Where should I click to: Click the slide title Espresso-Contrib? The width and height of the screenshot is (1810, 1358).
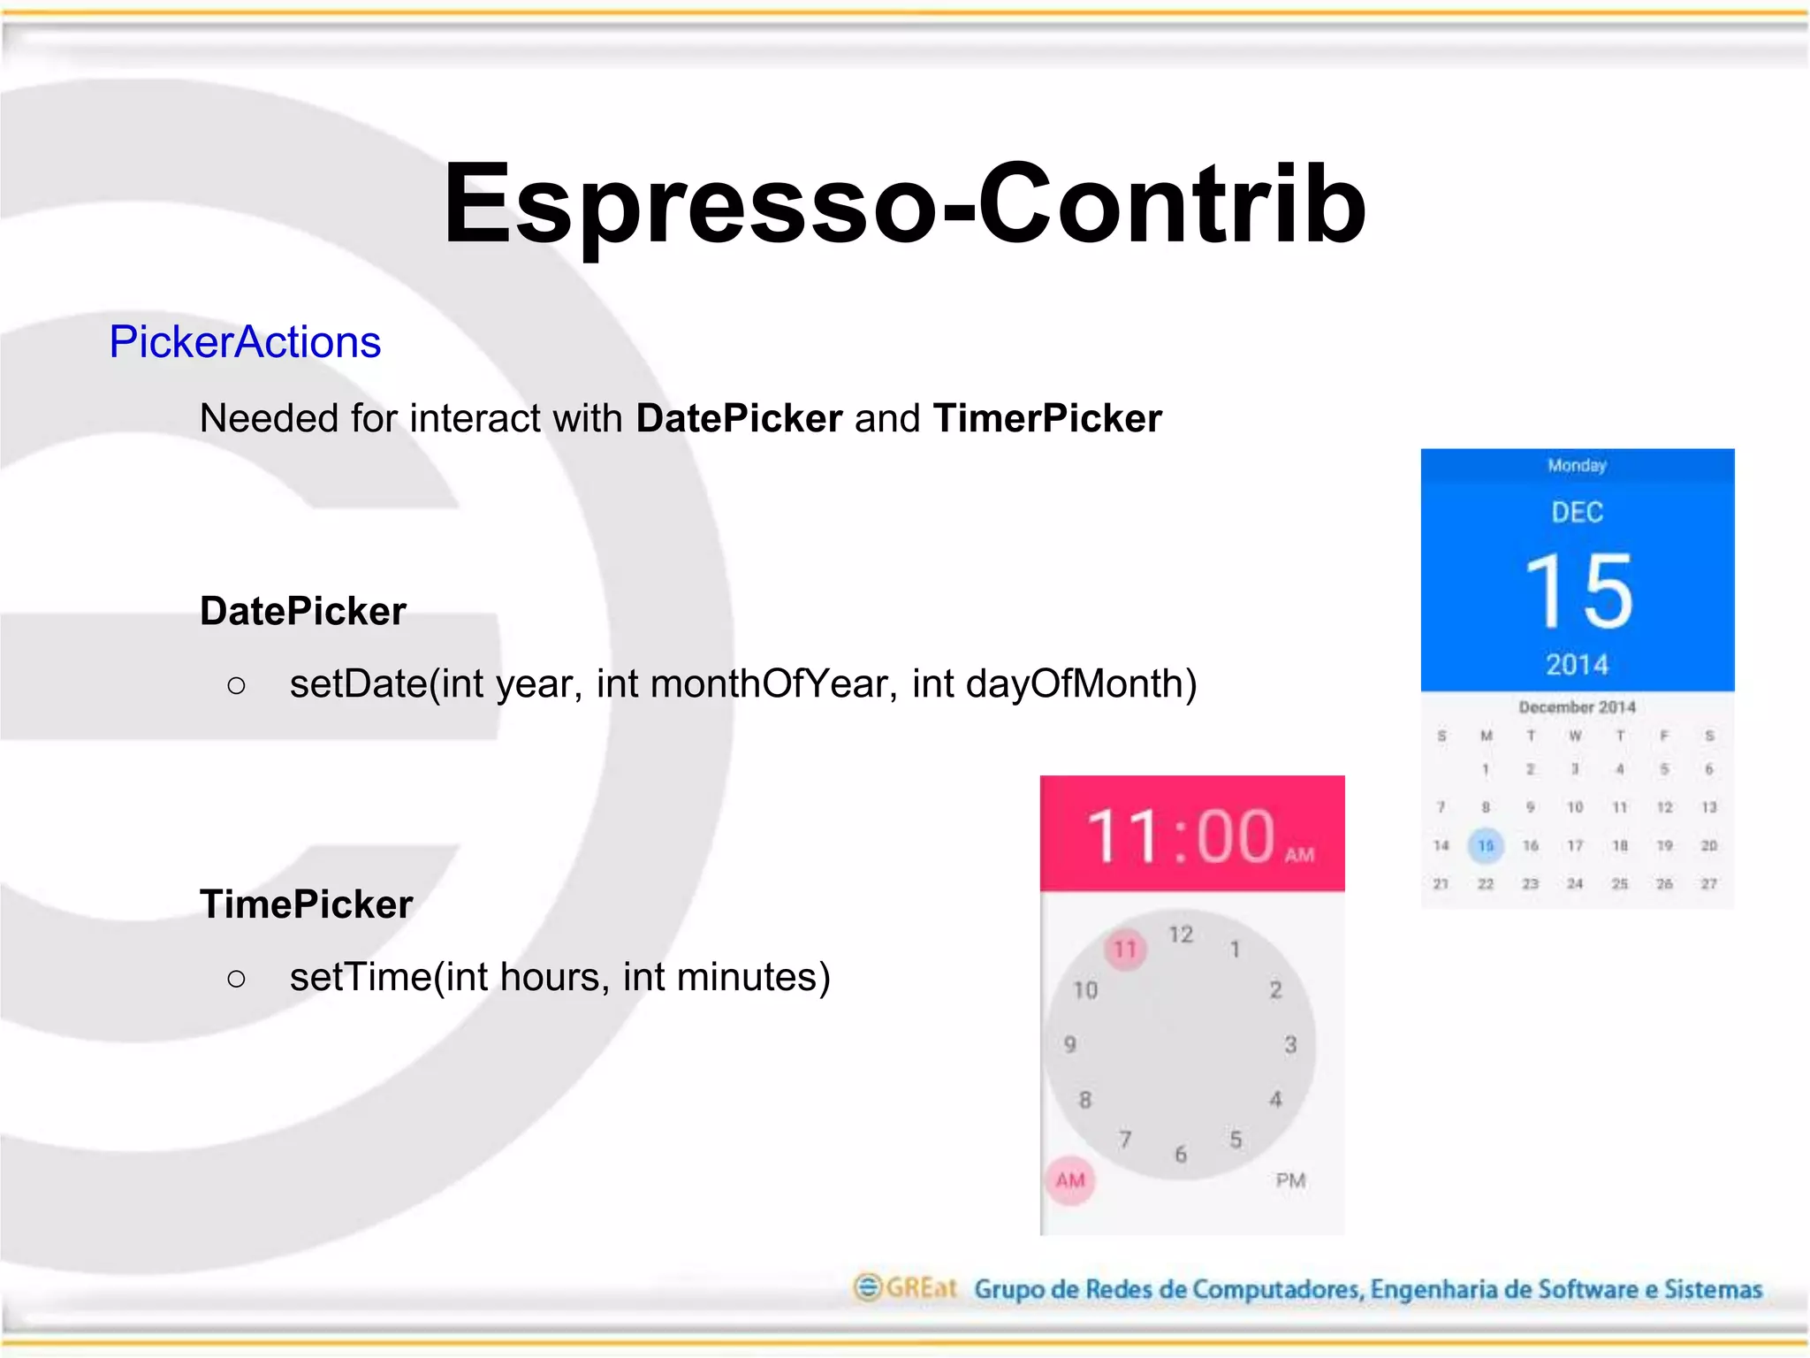click(904, 205)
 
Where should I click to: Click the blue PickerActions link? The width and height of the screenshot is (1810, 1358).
click(245, 342)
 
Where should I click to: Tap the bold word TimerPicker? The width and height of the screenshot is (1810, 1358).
click(1047, 418)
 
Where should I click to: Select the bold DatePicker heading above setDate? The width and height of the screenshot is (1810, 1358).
click(303, 611)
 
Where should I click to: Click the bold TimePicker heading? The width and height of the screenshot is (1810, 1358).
click(307, 904)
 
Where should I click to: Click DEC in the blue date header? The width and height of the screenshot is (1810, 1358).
click(1578, 512)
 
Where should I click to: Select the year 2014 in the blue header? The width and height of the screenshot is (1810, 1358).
click(1578, 665)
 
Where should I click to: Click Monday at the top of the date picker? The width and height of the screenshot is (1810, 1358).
click(1578, 465)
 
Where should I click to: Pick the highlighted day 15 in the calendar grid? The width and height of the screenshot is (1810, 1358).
click(1486, 846)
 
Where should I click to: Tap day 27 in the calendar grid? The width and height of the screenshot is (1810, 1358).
click(1709, 884)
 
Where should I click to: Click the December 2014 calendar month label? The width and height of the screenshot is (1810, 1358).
click(1578, 707)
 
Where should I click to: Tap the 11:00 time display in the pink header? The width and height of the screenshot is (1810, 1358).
click(1181, 835)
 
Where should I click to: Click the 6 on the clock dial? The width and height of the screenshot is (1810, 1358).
click(1181, 1154)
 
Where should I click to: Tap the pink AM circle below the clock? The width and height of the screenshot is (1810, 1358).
click(1070, 1180)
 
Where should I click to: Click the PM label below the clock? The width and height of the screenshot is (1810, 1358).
click(1290, 1180)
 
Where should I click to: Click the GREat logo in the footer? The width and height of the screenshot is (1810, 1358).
click(906, 1288)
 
